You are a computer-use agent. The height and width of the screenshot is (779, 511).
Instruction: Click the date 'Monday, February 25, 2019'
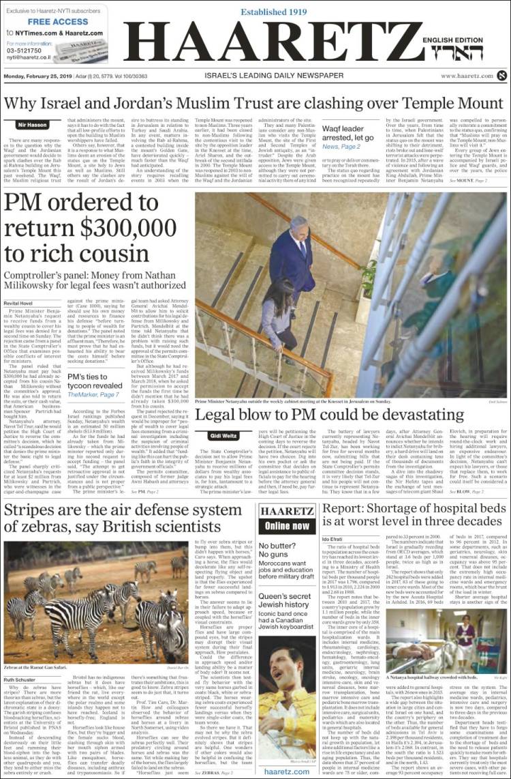coord(41,76)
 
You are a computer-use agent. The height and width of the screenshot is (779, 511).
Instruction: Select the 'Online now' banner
coord(287,526)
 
